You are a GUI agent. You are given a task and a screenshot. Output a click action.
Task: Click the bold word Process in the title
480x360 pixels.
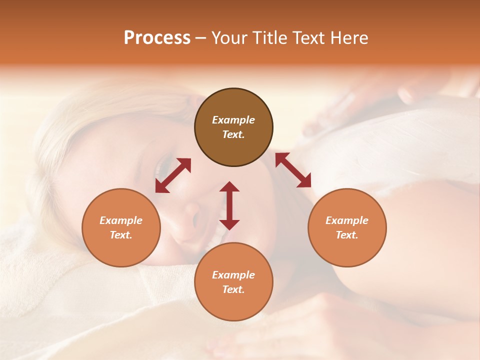pyautogui.click(x=157, y=38)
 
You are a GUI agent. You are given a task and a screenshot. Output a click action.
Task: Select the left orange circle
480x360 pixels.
pyautogui.click(x=121, y=227)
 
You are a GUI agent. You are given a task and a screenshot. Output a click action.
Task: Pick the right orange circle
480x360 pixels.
pyautogui.click(x=347, y=227)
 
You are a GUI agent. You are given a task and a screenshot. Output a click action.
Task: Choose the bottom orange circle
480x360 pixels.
pyautogui.click(x=233, y=281)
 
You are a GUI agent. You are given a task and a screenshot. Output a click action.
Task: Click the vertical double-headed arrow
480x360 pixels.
pyautogui.click(x=229, y=205)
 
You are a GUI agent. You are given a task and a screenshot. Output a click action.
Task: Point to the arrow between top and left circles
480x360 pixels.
pyautogui.click(x=173, y=175)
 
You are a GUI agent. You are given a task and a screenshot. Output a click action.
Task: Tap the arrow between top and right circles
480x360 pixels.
pyautogui.click(x=293, y=170)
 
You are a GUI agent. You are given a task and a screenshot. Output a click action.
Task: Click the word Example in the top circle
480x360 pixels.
pyautogui.click(x=233, y=120)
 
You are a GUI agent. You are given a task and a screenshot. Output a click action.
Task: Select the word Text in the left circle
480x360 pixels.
pyautogui.click(x=121, y=235)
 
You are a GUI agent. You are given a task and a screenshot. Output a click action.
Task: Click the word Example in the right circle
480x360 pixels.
pyautogui.click(x=347, y=220)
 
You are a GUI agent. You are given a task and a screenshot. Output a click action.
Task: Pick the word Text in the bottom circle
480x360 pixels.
pyautogui.click(x=233, y=289)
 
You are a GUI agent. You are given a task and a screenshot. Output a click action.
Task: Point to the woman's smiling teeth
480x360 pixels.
pyautogui.click(x=212, y=239)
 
